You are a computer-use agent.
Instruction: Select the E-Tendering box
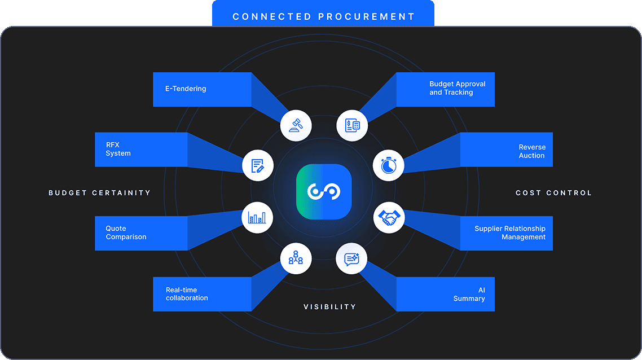pos(202,89)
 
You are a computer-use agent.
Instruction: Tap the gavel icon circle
pos(296,124)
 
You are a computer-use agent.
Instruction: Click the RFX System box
pos(141,150)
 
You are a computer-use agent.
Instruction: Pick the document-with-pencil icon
pos(258,165)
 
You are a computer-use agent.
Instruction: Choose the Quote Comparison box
pos(141,233)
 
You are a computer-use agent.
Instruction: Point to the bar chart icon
pos(258,217)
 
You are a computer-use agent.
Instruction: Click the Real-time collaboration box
pos(202,294)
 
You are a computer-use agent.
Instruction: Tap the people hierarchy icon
pos(296,259)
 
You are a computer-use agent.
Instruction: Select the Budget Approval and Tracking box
pos(445,89)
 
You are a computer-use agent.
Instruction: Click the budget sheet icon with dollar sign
pos(352,124)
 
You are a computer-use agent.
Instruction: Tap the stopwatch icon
pos(389,165)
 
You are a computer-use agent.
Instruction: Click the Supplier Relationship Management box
pos(506,233)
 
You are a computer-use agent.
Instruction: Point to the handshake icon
pos(389,217)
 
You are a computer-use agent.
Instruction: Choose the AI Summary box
pos(445,294)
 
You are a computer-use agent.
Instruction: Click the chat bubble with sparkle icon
pos(352,259)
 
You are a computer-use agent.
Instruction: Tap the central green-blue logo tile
pos(324,192)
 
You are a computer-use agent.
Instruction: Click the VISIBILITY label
pos(330,307)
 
